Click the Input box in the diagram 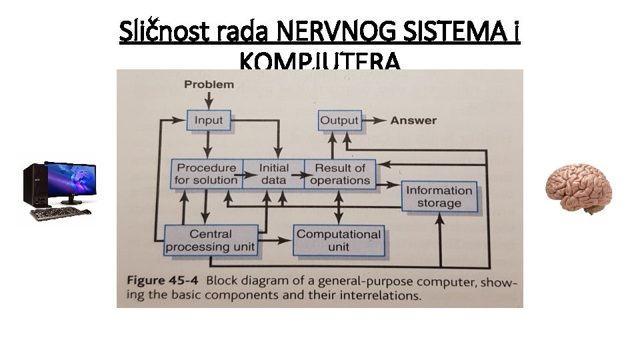208,120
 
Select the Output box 339,120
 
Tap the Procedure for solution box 206,173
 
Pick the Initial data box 273,173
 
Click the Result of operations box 339,173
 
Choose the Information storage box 439,196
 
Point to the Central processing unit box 210,240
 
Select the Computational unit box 339,240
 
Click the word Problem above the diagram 209,84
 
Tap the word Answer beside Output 413,121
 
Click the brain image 578,189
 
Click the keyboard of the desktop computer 56,213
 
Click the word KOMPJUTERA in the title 320,62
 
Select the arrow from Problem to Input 209,99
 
